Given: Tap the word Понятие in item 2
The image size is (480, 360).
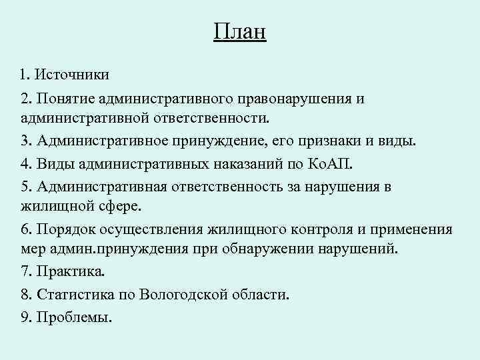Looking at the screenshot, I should [65, 99].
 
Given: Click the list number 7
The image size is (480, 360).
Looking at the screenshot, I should [25, 273].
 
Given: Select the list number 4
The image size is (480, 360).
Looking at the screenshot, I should [25, 164].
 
